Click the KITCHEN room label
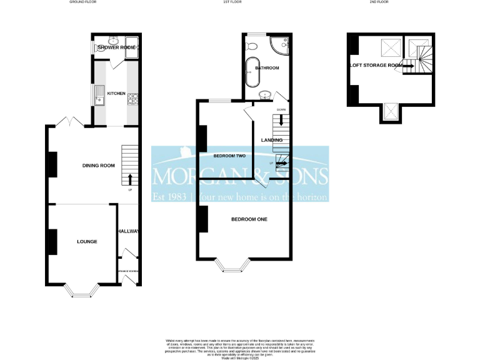pyautogui.click(x=116, y=94)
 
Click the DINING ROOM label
pyautogui.click(x=99, y=166)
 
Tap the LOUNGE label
pyautogui.click(x=87, y=241)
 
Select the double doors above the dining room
pyautogui.click(x=68, y=121)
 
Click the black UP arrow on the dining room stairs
pyautogui.click(x=130, y=179)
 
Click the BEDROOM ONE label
pyautogui.click(x=249, y=219)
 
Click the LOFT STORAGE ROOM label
pyautogui.click(x=376, y=64)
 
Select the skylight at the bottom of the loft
pyautogui.click(x=390, y=111)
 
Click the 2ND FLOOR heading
pyautogui.click(x=379, y=2)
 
